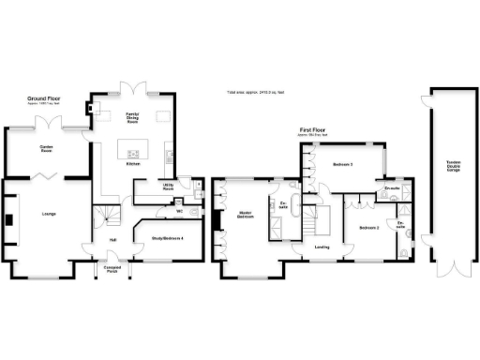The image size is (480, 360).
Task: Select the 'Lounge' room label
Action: coord(49,215)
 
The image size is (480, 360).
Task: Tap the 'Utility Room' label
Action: coord(169,187)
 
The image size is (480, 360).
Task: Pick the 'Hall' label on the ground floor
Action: coord(112,240)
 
